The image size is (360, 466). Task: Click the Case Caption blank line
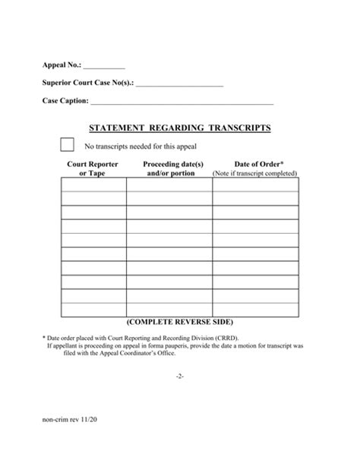[182, 101]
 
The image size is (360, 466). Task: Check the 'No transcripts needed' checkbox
[67, 145]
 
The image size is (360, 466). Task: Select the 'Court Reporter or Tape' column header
[92, 168]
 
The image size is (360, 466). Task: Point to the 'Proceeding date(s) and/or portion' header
[172, 168]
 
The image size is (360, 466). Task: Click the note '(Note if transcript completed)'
[254, 174]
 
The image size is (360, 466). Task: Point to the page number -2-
[179, 376]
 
